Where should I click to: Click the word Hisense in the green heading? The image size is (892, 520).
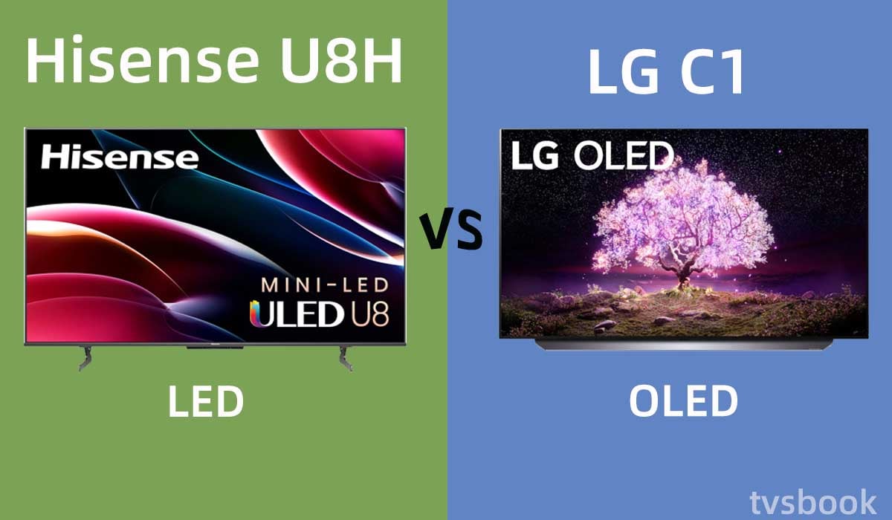tap(143, 59)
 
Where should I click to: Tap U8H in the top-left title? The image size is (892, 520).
tap(342, 59)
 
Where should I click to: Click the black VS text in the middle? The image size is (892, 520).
tap(453, 231)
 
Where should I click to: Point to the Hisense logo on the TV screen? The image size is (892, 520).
tap(120, 157)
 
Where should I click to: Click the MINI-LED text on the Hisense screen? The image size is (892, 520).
tap(325, 285)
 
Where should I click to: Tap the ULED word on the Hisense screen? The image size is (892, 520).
tap(297, 314)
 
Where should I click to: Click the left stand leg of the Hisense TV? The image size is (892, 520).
tap(85, 357)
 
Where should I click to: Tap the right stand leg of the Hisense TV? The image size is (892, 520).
tap(346, 357)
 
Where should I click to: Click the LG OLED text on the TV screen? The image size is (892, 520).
tap(592, 155)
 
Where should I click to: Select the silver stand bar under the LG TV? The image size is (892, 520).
tap(683, 345)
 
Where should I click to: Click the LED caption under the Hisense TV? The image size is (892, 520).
tap(206, 402)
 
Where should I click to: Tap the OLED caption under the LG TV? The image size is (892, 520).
tap(683, 401)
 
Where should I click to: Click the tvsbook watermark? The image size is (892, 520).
tap(813, 502)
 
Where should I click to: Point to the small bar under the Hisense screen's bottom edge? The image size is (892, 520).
tap(215, 348)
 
